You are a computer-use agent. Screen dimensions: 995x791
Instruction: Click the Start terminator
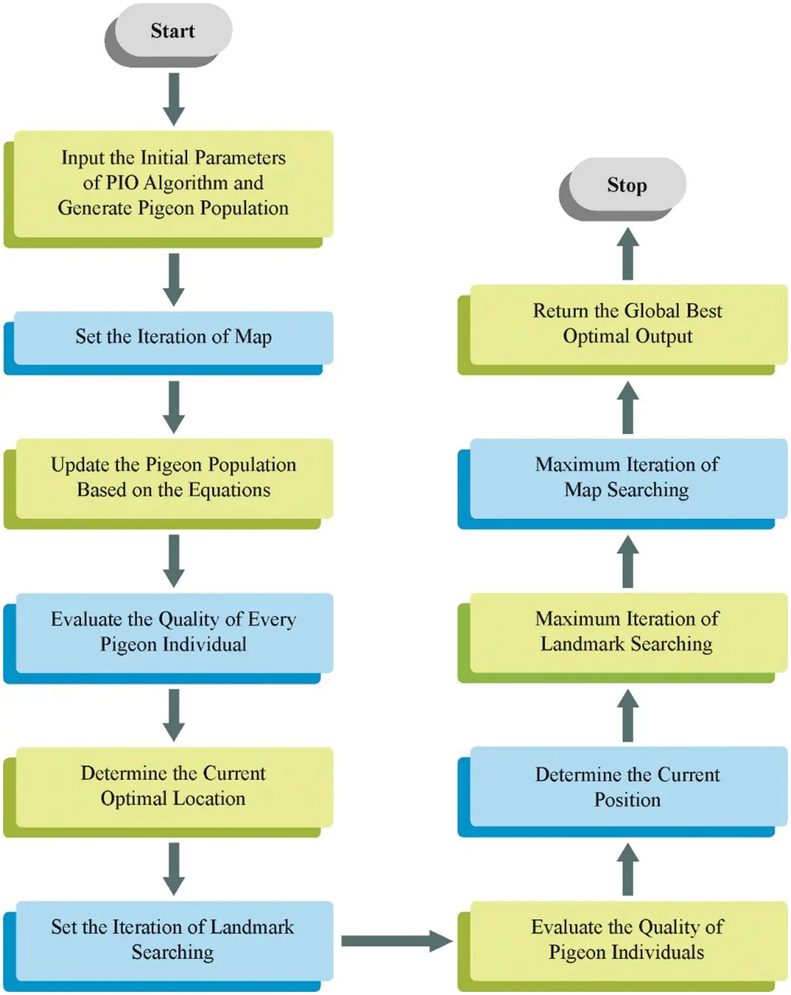click(x=172, y=31)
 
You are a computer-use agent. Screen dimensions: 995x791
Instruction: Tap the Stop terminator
click(x=626, y=185)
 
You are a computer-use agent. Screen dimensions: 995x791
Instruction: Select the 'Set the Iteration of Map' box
click(x=173, y=337)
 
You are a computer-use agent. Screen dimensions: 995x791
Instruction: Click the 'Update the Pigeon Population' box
click(x=173, y=478)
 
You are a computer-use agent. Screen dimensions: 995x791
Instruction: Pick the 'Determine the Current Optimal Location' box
click(x=173, y=786)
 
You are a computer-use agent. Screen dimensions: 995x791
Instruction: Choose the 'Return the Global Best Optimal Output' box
click(x=628, y=324)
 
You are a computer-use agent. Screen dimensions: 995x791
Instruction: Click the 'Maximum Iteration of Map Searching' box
click(x=628, y=478)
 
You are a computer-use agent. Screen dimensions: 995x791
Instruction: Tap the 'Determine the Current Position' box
click(x=628, y=787)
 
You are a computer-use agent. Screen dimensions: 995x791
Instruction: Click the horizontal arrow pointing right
click(x=396, y=941)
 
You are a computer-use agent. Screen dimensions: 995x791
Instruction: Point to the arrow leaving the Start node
click(x=174, y=99)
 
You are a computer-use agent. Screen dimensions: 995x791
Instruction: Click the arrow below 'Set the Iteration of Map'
click(x=174, y=407)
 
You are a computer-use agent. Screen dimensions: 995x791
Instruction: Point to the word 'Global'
click(x=654, y=311)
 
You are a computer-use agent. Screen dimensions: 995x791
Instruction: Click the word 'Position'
click(x=627, y=800)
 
